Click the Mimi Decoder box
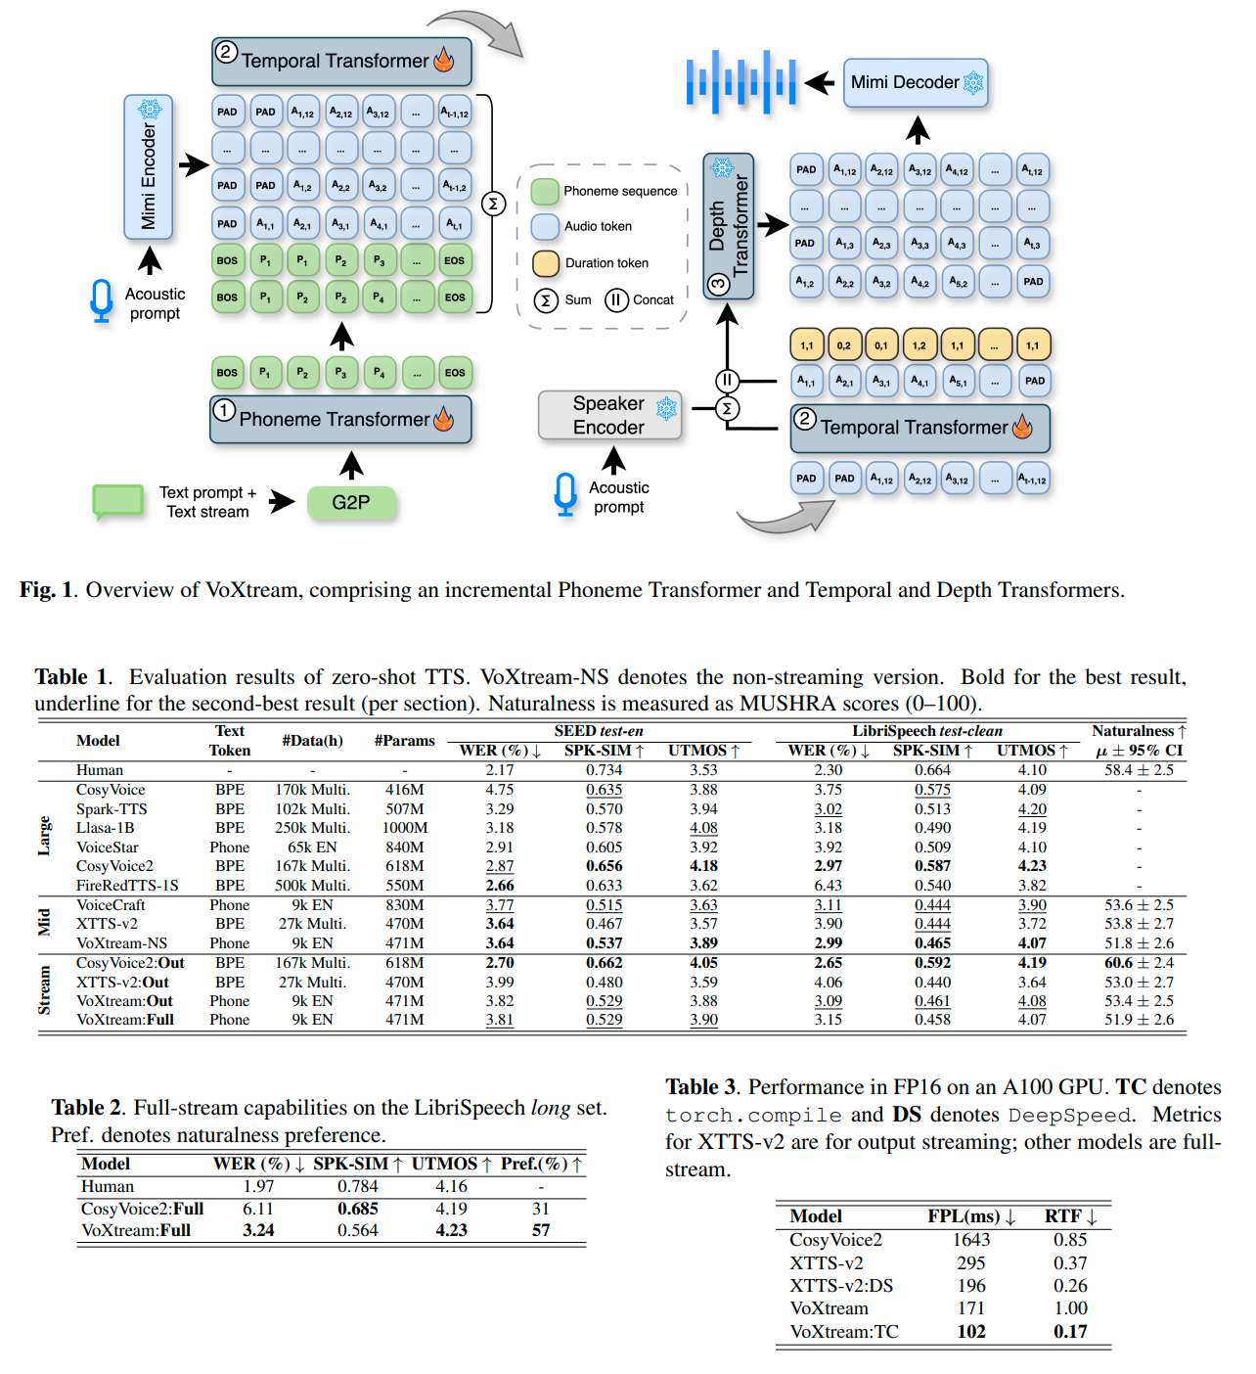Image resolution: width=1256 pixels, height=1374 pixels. tap(915, 82)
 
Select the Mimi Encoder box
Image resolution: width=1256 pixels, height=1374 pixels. tap(148, 166)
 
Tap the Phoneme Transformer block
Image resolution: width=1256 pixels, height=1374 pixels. tap(340, 419)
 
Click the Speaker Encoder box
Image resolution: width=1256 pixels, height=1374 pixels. tap(609, 414)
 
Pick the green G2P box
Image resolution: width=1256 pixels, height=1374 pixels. tap(351, 502)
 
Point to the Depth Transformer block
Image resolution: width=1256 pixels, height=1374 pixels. tap(728, 225)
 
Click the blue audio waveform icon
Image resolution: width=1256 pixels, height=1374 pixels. tap(741, 81)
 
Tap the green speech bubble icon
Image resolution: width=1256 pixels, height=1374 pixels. tap(117, 502)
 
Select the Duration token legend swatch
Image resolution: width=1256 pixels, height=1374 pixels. tap(546, 263)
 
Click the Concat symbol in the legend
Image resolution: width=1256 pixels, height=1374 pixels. tap(615, 300)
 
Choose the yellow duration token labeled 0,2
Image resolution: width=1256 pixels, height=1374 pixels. tap(843, 345)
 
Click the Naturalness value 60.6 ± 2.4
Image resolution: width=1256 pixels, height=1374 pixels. tap(1139, 962)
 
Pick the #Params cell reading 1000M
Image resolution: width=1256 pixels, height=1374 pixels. tap(405, 827)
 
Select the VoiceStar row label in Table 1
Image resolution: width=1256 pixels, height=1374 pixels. tap(108, 847)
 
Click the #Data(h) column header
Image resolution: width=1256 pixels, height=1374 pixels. tap(312, 740)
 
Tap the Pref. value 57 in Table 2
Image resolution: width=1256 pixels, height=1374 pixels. tap(541, 1229)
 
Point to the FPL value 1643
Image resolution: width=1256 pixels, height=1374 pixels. tap(971, 1239)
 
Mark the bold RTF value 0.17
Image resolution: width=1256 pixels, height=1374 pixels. tap(1070, 1331)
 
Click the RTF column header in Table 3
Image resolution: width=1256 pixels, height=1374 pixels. tap(1070, 1215)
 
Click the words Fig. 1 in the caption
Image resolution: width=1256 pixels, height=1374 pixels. tap(47, 589)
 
